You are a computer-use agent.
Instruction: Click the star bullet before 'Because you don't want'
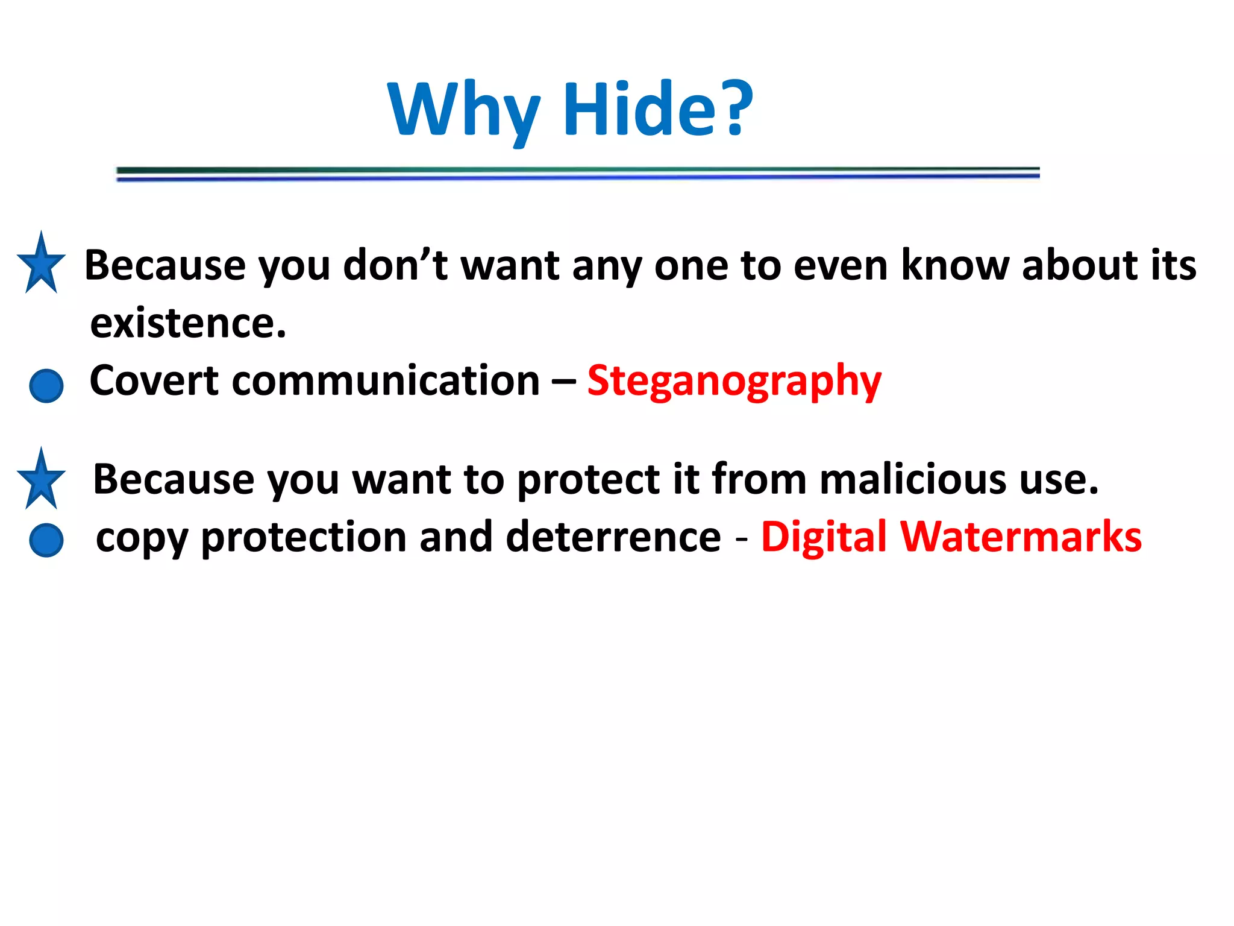click(x=41, y=265)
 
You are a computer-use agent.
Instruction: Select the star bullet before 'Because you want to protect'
click(x=41, y=481)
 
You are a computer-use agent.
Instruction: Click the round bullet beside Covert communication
click(x=46, y=386)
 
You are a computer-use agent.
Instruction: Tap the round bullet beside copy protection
click(x=46, y=540)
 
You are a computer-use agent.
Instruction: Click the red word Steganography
click(x=734, y=381)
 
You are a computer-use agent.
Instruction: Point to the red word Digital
click(x=823, y=537)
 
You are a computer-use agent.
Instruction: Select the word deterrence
click(x=613, y=537)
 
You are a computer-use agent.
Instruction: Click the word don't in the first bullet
click(x=395, y=265)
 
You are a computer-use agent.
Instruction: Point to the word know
click(x=955, y=265)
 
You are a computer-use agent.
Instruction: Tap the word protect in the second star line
click(x=588, y=480)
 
